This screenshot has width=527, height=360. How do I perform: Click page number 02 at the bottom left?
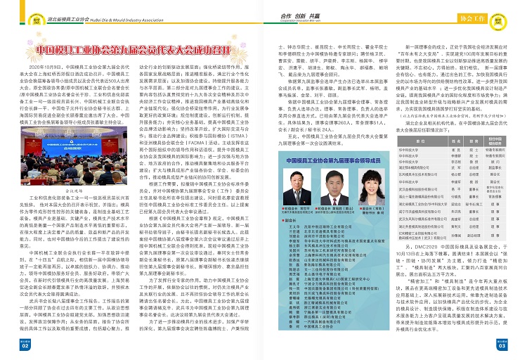(x=24, y=345)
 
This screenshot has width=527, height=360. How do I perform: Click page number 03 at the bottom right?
(x=502, y=345)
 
